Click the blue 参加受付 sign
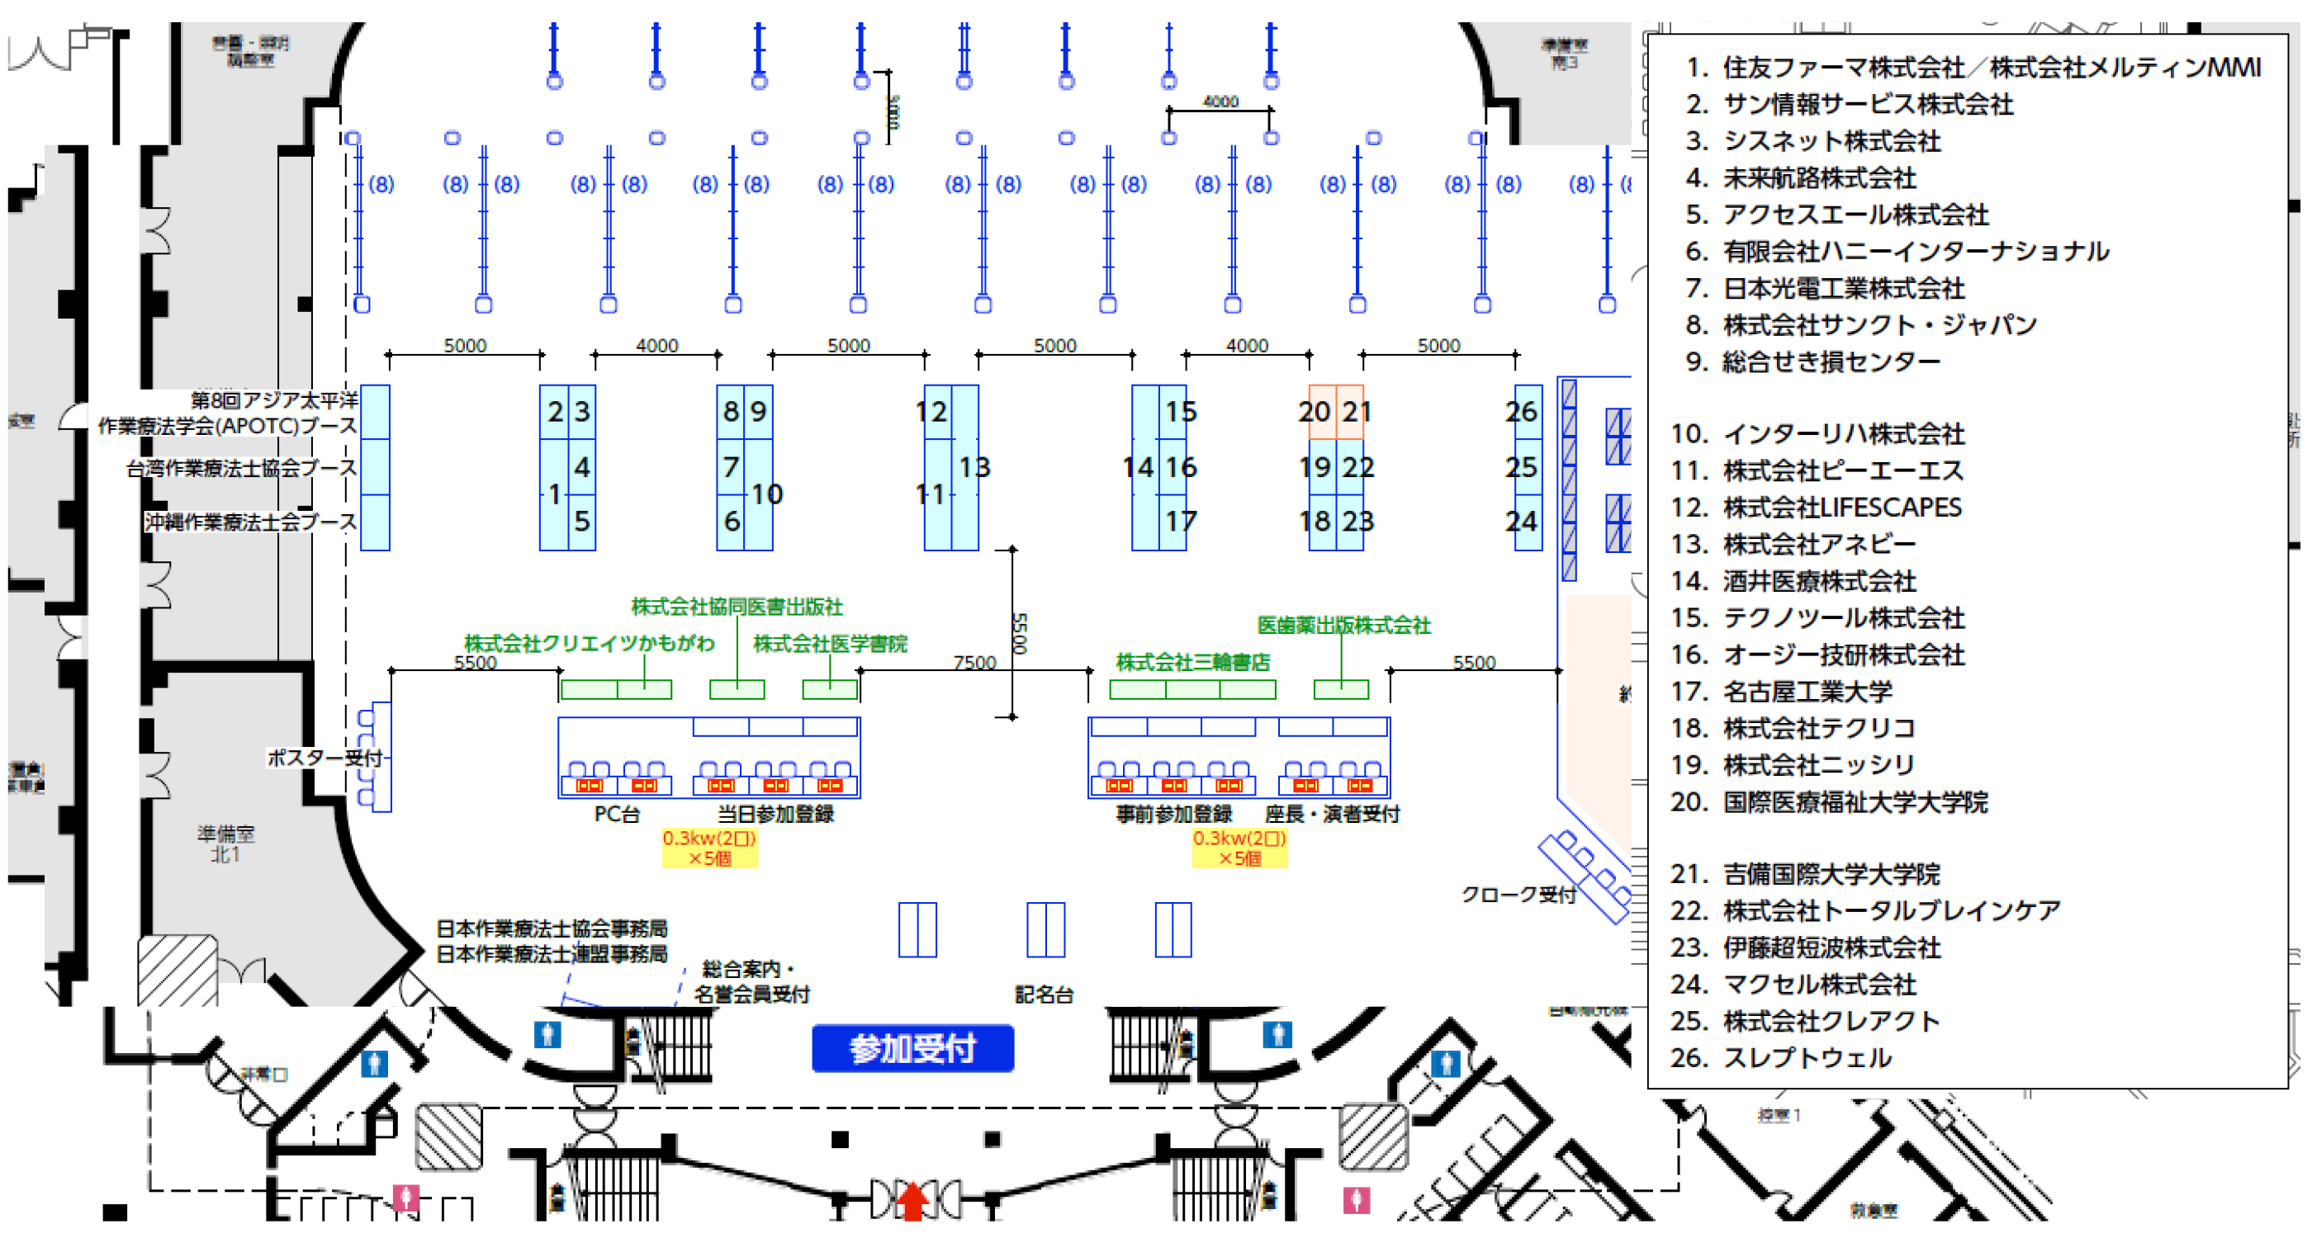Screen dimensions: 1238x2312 point(912,1048)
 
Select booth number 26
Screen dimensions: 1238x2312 point(1521,412)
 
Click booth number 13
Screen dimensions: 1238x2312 point(973,467)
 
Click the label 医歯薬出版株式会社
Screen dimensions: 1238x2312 point(1343,626)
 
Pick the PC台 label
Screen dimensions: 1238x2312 point(617,814)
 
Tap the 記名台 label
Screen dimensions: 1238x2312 point(1044,994)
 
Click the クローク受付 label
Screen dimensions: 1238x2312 point(1518,895)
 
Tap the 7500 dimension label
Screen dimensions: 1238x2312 point(974,662)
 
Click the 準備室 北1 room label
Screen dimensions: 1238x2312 point(225,843)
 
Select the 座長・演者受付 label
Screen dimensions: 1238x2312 point(1332,814)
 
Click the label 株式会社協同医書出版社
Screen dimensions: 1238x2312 point(737,607)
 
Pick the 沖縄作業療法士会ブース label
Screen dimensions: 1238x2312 point(250,522)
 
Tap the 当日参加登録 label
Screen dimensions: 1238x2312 point(775,814)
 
